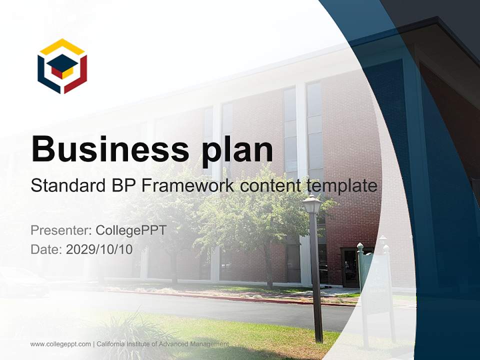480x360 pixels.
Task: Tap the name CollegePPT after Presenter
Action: pyautogui.click(x=131, y=230)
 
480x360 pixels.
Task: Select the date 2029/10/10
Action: pyautogui.click(x=99, y=249)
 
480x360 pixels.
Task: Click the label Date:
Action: pyautogui.click(x=46, y=249)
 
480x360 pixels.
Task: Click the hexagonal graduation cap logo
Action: pyautogui.click(x=62, y=66)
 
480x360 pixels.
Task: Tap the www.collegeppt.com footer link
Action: pyautogui.click(x=60, y=344)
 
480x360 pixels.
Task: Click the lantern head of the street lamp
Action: pyautogui.click(x=312, y=204)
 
